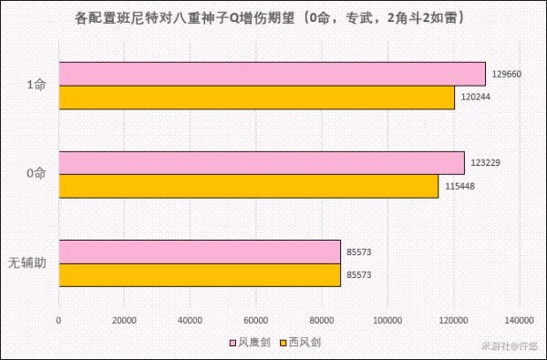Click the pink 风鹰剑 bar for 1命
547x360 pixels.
click(x=272, y=74)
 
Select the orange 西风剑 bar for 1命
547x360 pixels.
click(x=256, y=98)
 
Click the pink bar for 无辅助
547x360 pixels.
click(x=200, y=252)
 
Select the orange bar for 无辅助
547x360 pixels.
click(x=200, y=274)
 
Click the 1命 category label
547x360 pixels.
click(x=37, y=86)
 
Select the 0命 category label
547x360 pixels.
click(x=37, y=175)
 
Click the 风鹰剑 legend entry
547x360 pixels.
click(x=251, y=342)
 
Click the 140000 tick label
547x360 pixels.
click(x=519, y=320)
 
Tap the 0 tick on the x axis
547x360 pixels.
click(x=59, y=320)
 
